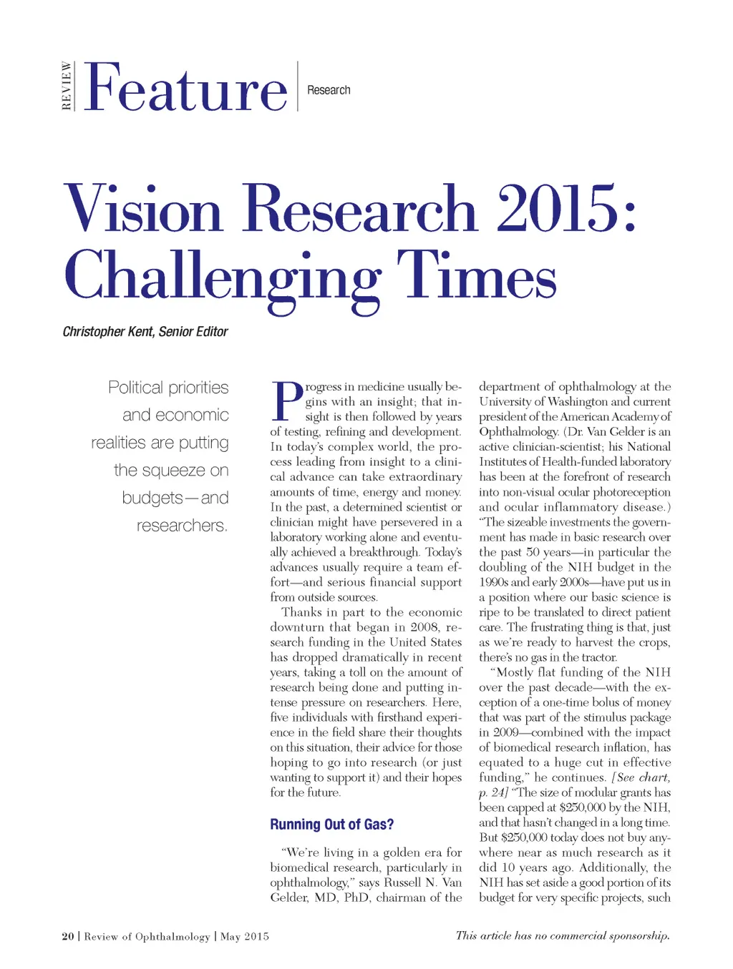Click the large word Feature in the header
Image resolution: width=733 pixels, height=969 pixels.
click(185, 88)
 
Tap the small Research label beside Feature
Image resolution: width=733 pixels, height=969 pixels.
click(329, 90)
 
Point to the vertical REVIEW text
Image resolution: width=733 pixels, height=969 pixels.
click(67, 86)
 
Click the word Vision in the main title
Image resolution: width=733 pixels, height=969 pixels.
click(143, 210)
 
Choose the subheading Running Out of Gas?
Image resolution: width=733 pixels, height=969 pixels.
click(331, 825)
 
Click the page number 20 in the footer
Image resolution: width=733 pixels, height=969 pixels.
click(68, 936)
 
